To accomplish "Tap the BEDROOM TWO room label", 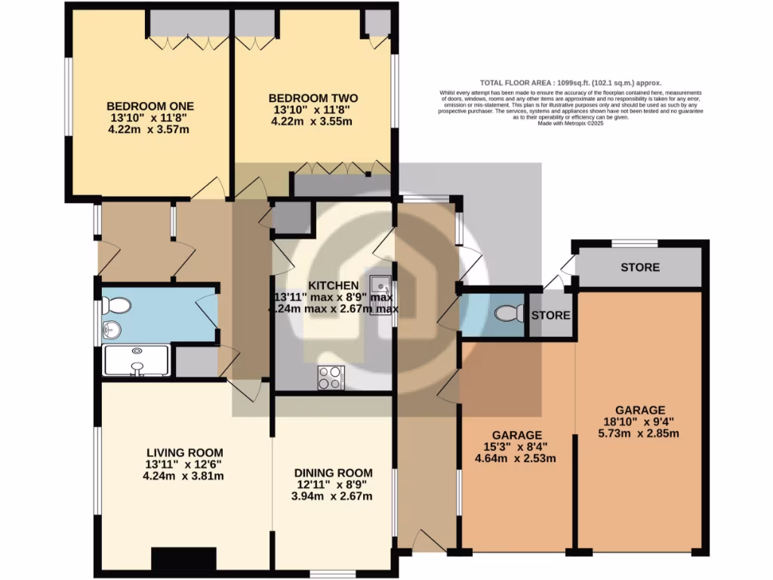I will [x=313, y=98].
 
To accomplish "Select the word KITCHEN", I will [x=333, y=285].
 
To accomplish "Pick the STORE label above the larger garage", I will [x=639, y=267].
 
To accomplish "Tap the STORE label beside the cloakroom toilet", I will [x=550, y=315].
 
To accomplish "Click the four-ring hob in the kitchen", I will [x=331, y=377].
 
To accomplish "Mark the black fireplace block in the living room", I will [x=182, y=559].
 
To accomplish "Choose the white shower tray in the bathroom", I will [x=137, y=360].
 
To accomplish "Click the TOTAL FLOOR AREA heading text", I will [x=571, y=83].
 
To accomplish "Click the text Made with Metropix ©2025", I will [x=571, y=123].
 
